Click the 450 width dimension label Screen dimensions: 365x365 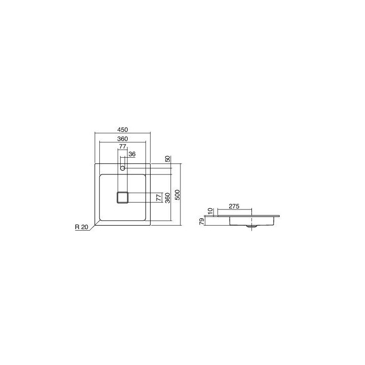123,129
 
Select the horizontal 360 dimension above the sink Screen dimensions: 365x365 123,138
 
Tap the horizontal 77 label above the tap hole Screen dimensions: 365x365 122,147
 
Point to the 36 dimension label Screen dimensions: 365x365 132,154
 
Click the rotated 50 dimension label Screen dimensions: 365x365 168,159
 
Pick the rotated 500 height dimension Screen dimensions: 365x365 177,195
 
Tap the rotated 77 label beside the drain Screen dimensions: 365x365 159,198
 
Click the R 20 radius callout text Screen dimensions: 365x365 81,228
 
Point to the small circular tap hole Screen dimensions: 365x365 122,167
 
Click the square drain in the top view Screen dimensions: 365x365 122,197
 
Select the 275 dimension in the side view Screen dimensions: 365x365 234,207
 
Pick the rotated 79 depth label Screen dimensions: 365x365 202,221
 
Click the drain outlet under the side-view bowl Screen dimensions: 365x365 248,226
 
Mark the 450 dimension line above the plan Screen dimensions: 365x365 123,133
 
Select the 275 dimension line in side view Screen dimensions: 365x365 234,210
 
